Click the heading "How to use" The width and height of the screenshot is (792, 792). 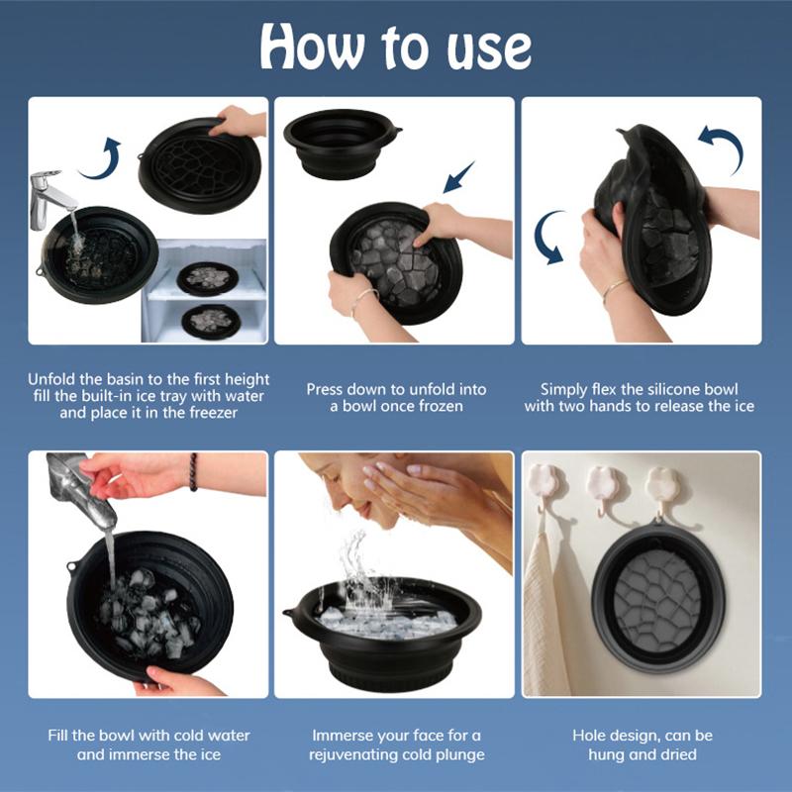[x=396, y=47]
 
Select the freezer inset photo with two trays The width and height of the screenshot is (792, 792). [x=204, y=292]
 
